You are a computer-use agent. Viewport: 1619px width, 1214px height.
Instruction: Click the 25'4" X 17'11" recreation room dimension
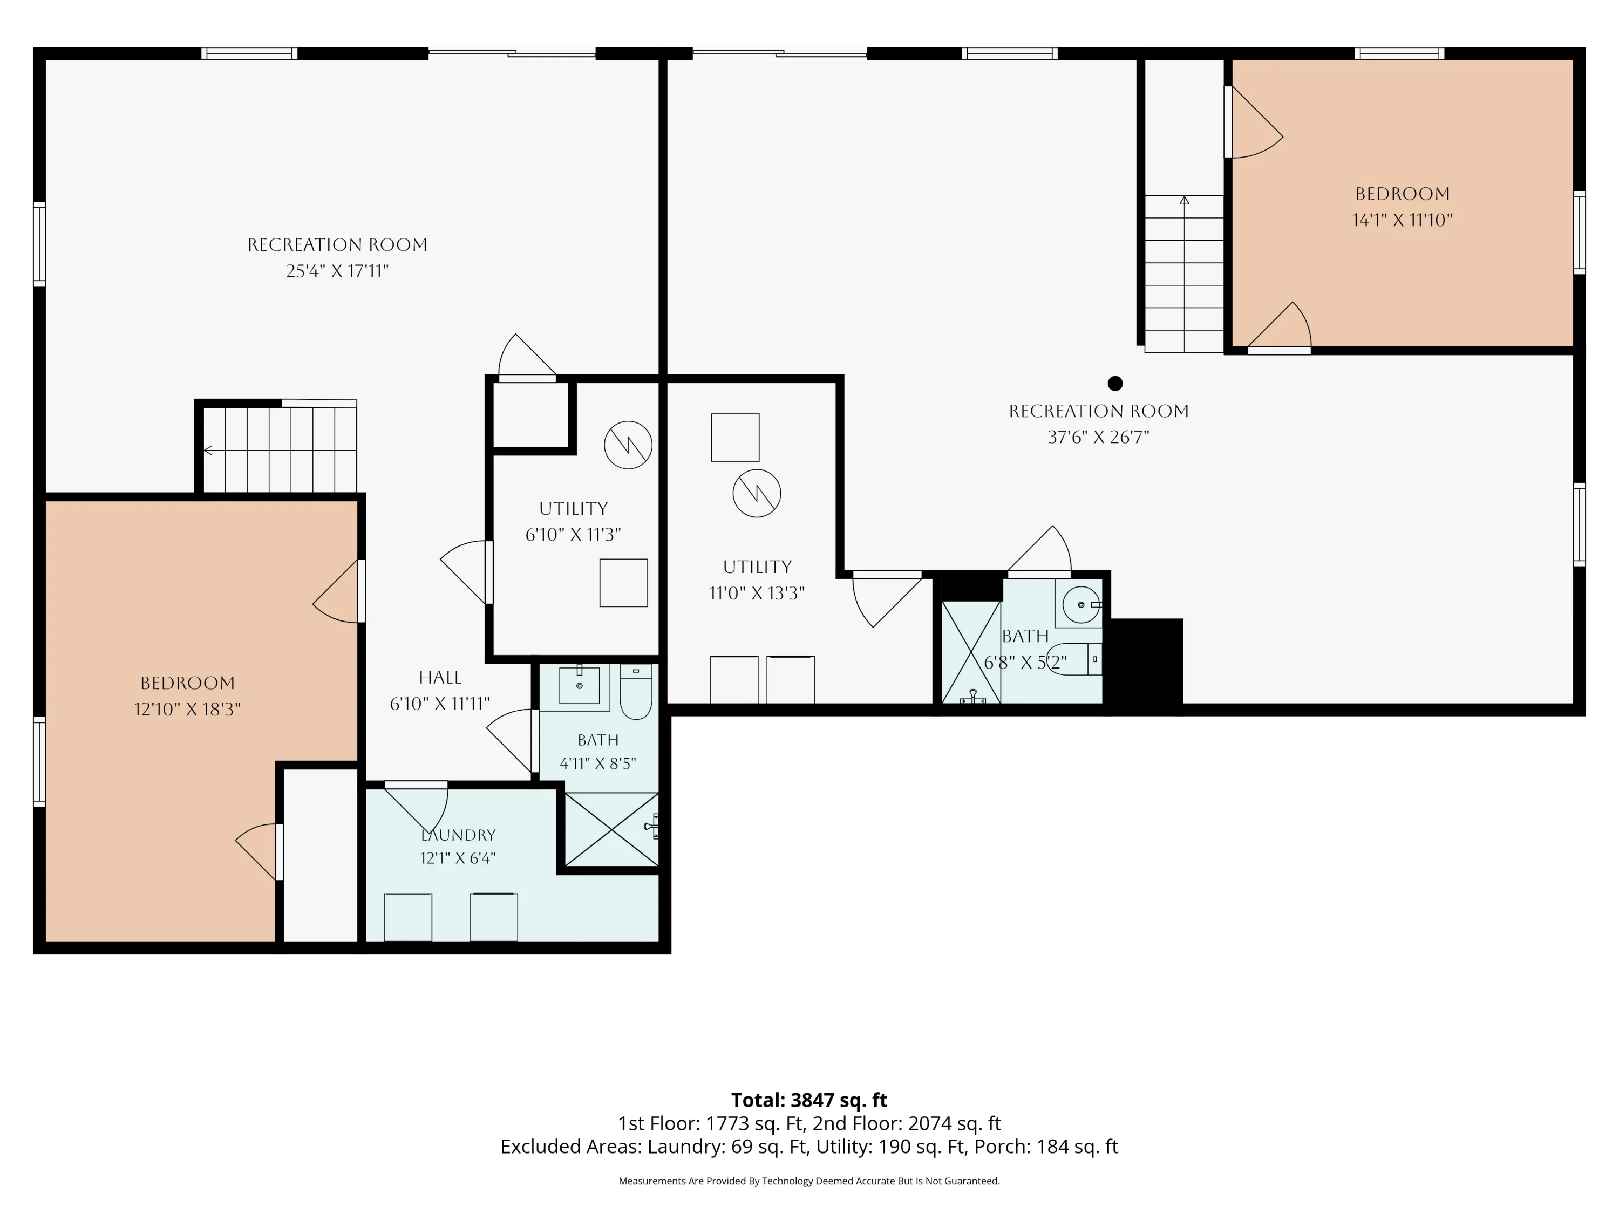pyautogui.click(x=337, y=271)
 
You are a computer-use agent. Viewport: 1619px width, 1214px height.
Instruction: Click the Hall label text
pyautogui.click(x=440, y=678)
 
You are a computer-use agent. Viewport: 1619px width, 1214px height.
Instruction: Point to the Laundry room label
pyautogui.click(x=458, y=835)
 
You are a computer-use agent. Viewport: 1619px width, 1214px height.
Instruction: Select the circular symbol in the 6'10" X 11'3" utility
pyautogui.click(x=628, y=445)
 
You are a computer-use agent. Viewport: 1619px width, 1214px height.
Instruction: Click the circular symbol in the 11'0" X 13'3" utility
pyautogui.click(x=757, y=493)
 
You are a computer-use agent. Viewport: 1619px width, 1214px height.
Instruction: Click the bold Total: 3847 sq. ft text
pyautogui.click(x=809, y=1100)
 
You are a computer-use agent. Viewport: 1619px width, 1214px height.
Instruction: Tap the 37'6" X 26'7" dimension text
pyautogui.click(x=1098, y=437)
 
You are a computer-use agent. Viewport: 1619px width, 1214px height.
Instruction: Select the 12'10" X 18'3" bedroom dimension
pyautogui.click(x=187, y=709)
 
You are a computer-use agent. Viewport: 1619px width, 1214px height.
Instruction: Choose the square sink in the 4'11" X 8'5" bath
pyautogui.click(x=580, y=685)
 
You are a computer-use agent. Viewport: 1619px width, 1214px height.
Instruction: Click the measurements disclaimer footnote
pyautogui.click(x=809, y=1181)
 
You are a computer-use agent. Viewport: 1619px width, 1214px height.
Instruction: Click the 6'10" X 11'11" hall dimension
pyautogui.click(x=440, y=703)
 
